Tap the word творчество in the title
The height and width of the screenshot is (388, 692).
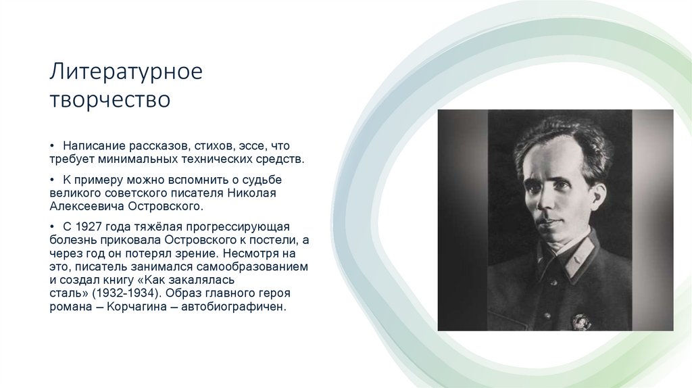[x=109, y=99]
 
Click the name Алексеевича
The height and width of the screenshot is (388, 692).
[x=87, y=208]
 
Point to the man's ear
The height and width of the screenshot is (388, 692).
[x=597, y=197]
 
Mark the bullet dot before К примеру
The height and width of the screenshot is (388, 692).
[x=53, y=179]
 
